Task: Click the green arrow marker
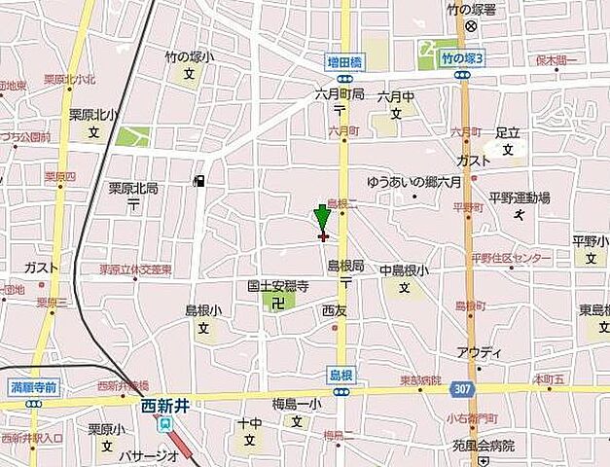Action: (322, 217)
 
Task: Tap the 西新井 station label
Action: (163, 407)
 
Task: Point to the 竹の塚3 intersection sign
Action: (462, 58)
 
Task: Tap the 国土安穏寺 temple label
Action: (277, 287)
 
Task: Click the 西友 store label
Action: (334, 311)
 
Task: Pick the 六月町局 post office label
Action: (339, 94)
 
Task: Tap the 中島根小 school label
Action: (404, 270)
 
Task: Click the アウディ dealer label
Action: (479, 351)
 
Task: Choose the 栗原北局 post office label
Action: (133, 189)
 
